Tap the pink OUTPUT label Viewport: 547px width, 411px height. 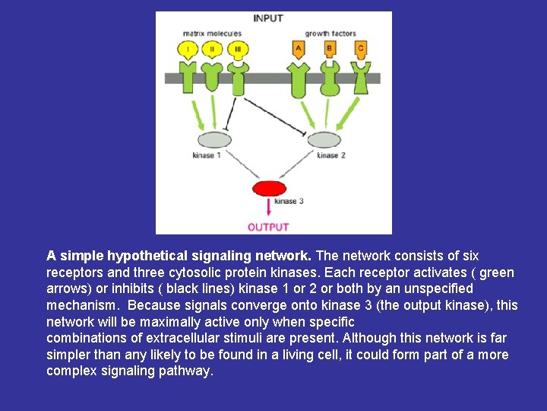click(x=268, y=226)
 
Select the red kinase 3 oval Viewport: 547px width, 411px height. click(x=269, y=188)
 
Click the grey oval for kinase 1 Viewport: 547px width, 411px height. click(x=214, y=140)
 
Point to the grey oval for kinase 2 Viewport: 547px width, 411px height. click(x=324, y=140)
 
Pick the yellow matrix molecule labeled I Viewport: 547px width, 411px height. click(x=188, y=50)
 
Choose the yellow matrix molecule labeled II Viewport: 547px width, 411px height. click(x=212, y=50)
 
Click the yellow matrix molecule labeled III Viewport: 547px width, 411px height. click(x=238, y=50)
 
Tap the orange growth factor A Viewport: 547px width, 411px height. click(x=299, y=49)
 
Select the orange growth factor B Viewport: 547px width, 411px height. click(x=330, y=49)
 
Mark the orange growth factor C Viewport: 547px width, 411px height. click(x=360, y=49)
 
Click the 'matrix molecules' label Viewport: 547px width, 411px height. click(x=212, y=33)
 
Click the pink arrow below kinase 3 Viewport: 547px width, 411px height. click(x=269, y=208)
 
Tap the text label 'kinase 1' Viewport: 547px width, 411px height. click(x=206, y=156)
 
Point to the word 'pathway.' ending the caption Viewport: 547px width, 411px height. click(x=189, y=371)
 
